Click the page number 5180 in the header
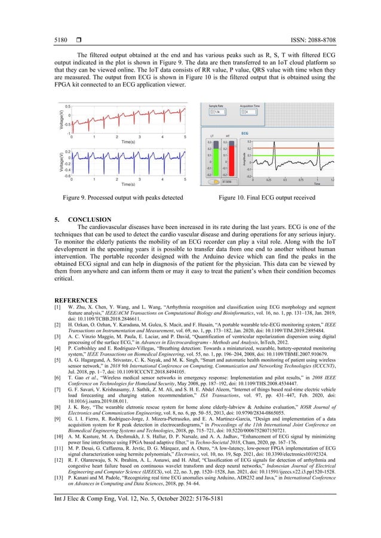coord(62,22)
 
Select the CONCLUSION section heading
coord(96,219)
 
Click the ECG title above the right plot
coord(244,134)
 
